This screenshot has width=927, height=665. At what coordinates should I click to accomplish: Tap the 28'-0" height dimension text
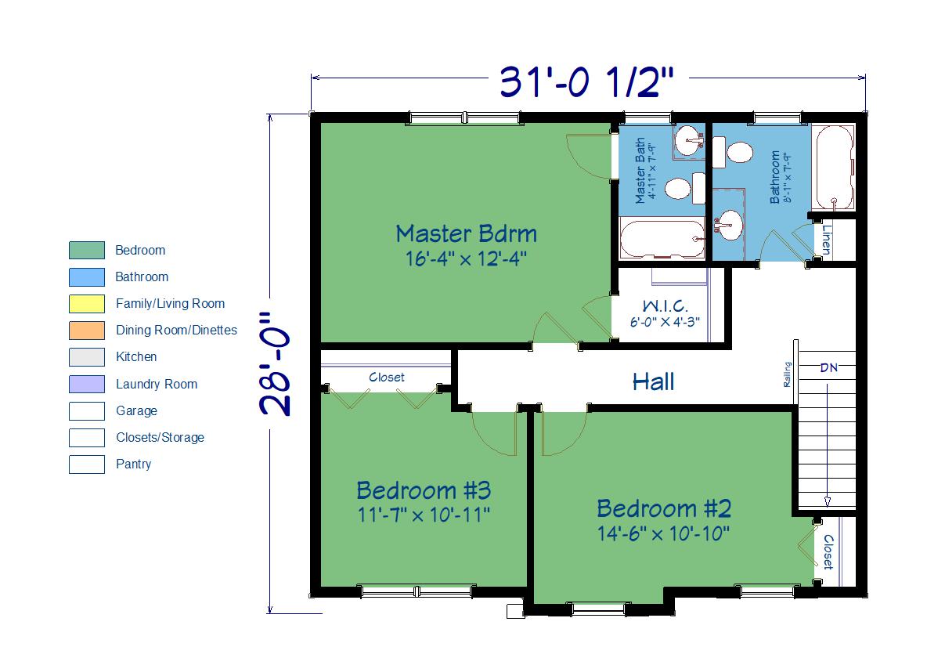[x=276, y=364]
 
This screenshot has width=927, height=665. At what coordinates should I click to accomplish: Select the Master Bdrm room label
[x=467, y=233]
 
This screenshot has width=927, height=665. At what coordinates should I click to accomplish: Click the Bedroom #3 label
[x=424, y=490]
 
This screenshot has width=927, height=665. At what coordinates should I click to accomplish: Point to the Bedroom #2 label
[x=664, y=509]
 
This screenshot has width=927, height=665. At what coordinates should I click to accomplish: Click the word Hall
[x=653, y=381]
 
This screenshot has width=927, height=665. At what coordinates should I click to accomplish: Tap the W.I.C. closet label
[x=665, y=306]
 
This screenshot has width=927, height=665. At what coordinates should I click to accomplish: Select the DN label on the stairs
[x=829, y=368]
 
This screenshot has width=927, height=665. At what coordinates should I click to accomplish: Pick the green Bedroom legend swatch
[x=87, y=251]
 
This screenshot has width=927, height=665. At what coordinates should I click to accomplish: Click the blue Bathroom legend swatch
[x=87, y=276]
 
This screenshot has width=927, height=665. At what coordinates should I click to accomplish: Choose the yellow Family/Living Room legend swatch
[x=87, y=303]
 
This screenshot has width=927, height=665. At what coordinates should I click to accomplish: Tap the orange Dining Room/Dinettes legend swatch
[x=87, y=330]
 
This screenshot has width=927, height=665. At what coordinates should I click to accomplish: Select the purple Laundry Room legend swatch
[x=87, y=384]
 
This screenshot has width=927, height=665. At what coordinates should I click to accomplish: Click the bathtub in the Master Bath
[x=662, y=239]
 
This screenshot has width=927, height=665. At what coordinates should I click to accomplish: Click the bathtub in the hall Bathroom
[x=834, y=168]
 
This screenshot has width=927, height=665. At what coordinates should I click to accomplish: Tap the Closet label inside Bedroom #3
[x=387, y=377]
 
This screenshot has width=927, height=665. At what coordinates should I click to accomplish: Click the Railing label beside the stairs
[x=788, y=374]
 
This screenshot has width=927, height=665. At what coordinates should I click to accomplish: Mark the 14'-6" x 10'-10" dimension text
[x=663, y=533]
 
